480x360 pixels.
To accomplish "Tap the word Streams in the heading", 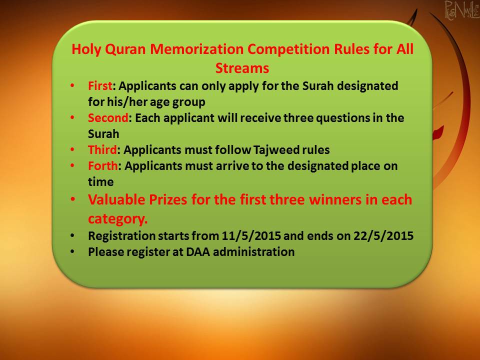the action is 242,68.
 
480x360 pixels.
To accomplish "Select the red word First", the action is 100,86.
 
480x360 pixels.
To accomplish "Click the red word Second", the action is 108,118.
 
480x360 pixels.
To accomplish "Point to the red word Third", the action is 102,150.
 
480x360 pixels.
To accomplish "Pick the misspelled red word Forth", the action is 103,166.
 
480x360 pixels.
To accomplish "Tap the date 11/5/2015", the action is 251,236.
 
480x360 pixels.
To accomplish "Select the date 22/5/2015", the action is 383,236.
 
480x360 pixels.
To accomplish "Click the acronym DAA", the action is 198,252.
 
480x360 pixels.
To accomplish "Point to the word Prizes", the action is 168,200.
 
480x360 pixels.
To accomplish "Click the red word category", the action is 118,219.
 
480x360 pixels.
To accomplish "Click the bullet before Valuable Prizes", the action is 72,199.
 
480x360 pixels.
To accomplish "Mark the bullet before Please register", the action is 72,251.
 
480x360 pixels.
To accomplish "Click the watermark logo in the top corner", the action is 462,10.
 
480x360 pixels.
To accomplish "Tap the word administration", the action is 254,252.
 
